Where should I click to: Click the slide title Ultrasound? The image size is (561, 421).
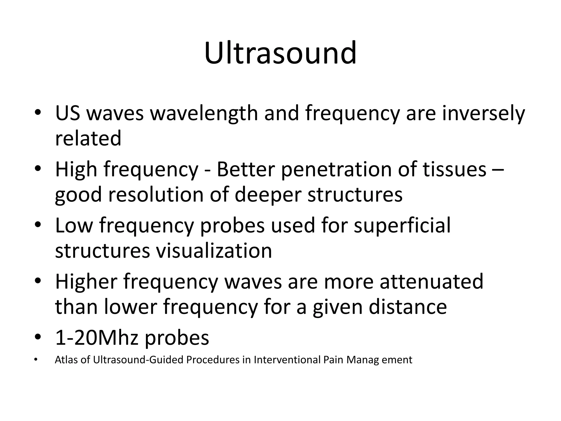[x=280, y=53]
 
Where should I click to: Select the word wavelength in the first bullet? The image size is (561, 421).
[x=204, y=113]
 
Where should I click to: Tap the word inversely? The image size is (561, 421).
[x=483, y=113]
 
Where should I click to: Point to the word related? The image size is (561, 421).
[x=88, y=138]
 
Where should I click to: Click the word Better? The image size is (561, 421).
[x=246, y=169]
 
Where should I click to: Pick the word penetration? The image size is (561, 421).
[x=336, y=169]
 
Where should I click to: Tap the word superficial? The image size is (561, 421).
[x=402, y=225]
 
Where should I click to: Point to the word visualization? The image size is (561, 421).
[x=214, y=251]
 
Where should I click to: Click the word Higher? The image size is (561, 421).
[x=86, y=281]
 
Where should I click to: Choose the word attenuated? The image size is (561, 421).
[x=431, y=281]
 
